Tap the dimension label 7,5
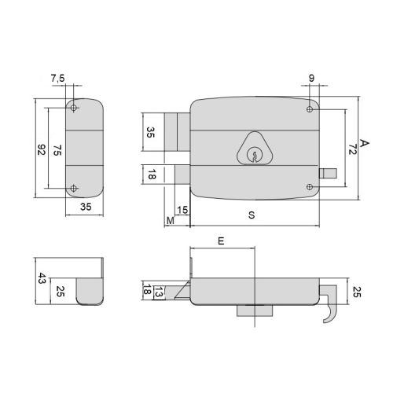tap(57, 79)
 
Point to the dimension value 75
tap(57, 149)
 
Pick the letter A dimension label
tap(364, 143)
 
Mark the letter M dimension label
tap(171, 221)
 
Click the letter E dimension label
tap(222, 244)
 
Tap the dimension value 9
tap(311, 79)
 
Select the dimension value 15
tap(182, 209)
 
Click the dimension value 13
tap(159, 292)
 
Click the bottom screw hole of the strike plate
tap(74, 187)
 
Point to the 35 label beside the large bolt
tap(151, 132)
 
